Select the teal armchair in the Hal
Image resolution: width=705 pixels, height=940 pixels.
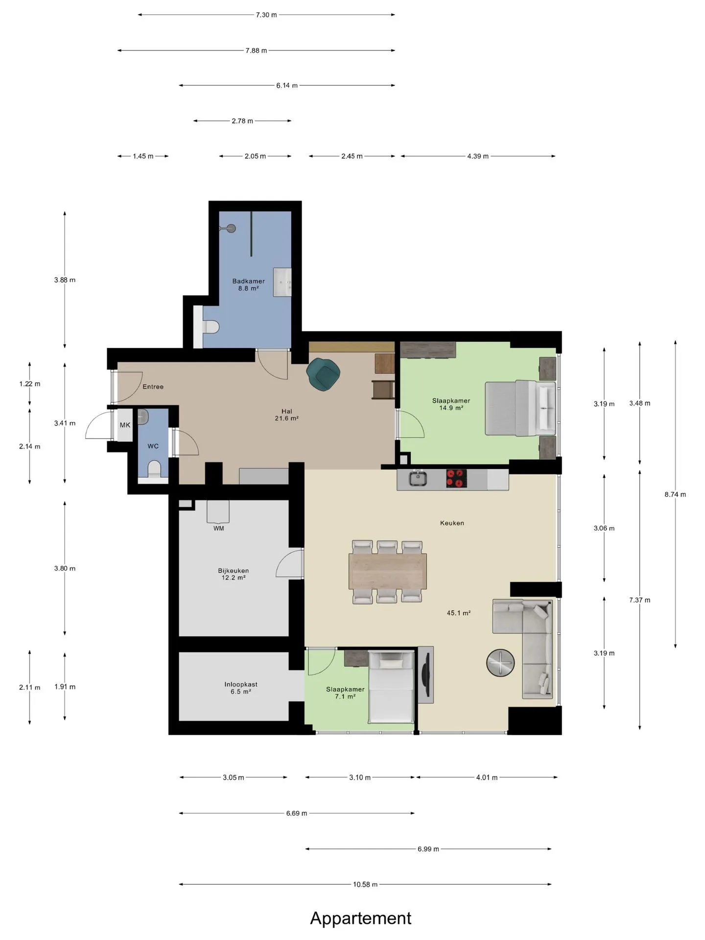click(323, 374)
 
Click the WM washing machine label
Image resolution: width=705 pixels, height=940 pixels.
click(219, 528)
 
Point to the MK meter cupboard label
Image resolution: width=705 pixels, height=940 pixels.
click(125, 425)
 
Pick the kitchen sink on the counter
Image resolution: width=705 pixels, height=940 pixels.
click(418, 478)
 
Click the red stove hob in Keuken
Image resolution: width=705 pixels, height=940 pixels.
click(456, 478)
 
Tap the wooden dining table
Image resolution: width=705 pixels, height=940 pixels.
click(388, 571)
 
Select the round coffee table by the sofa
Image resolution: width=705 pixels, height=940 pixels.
click(500, 663)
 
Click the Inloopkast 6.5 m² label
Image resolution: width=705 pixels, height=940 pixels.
click(241, 688)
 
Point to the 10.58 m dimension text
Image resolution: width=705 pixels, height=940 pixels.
click(365, 884)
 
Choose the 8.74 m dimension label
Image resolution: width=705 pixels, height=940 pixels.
click(675, 494)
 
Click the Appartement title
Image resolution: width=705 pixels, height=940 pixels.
click(361, 918)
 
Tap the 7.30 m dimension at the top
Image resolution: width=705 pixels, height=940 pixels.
click(266, 15)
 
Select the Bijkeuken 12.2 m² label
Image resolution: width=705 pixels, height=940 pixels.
click(234, 574)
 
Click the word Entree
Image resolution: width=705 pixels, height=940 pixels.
click(153, 387)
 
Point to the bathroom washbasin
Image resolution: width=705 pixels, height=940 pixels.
click(282, 282)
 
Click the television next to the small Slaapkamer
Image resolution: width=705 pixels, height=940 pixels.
click(425, 675)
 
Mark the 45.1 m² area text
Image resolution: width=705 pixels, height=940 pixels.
click(459, 613)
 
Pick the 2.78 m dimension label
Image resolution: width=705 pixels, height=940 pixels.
click(242, 121)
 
